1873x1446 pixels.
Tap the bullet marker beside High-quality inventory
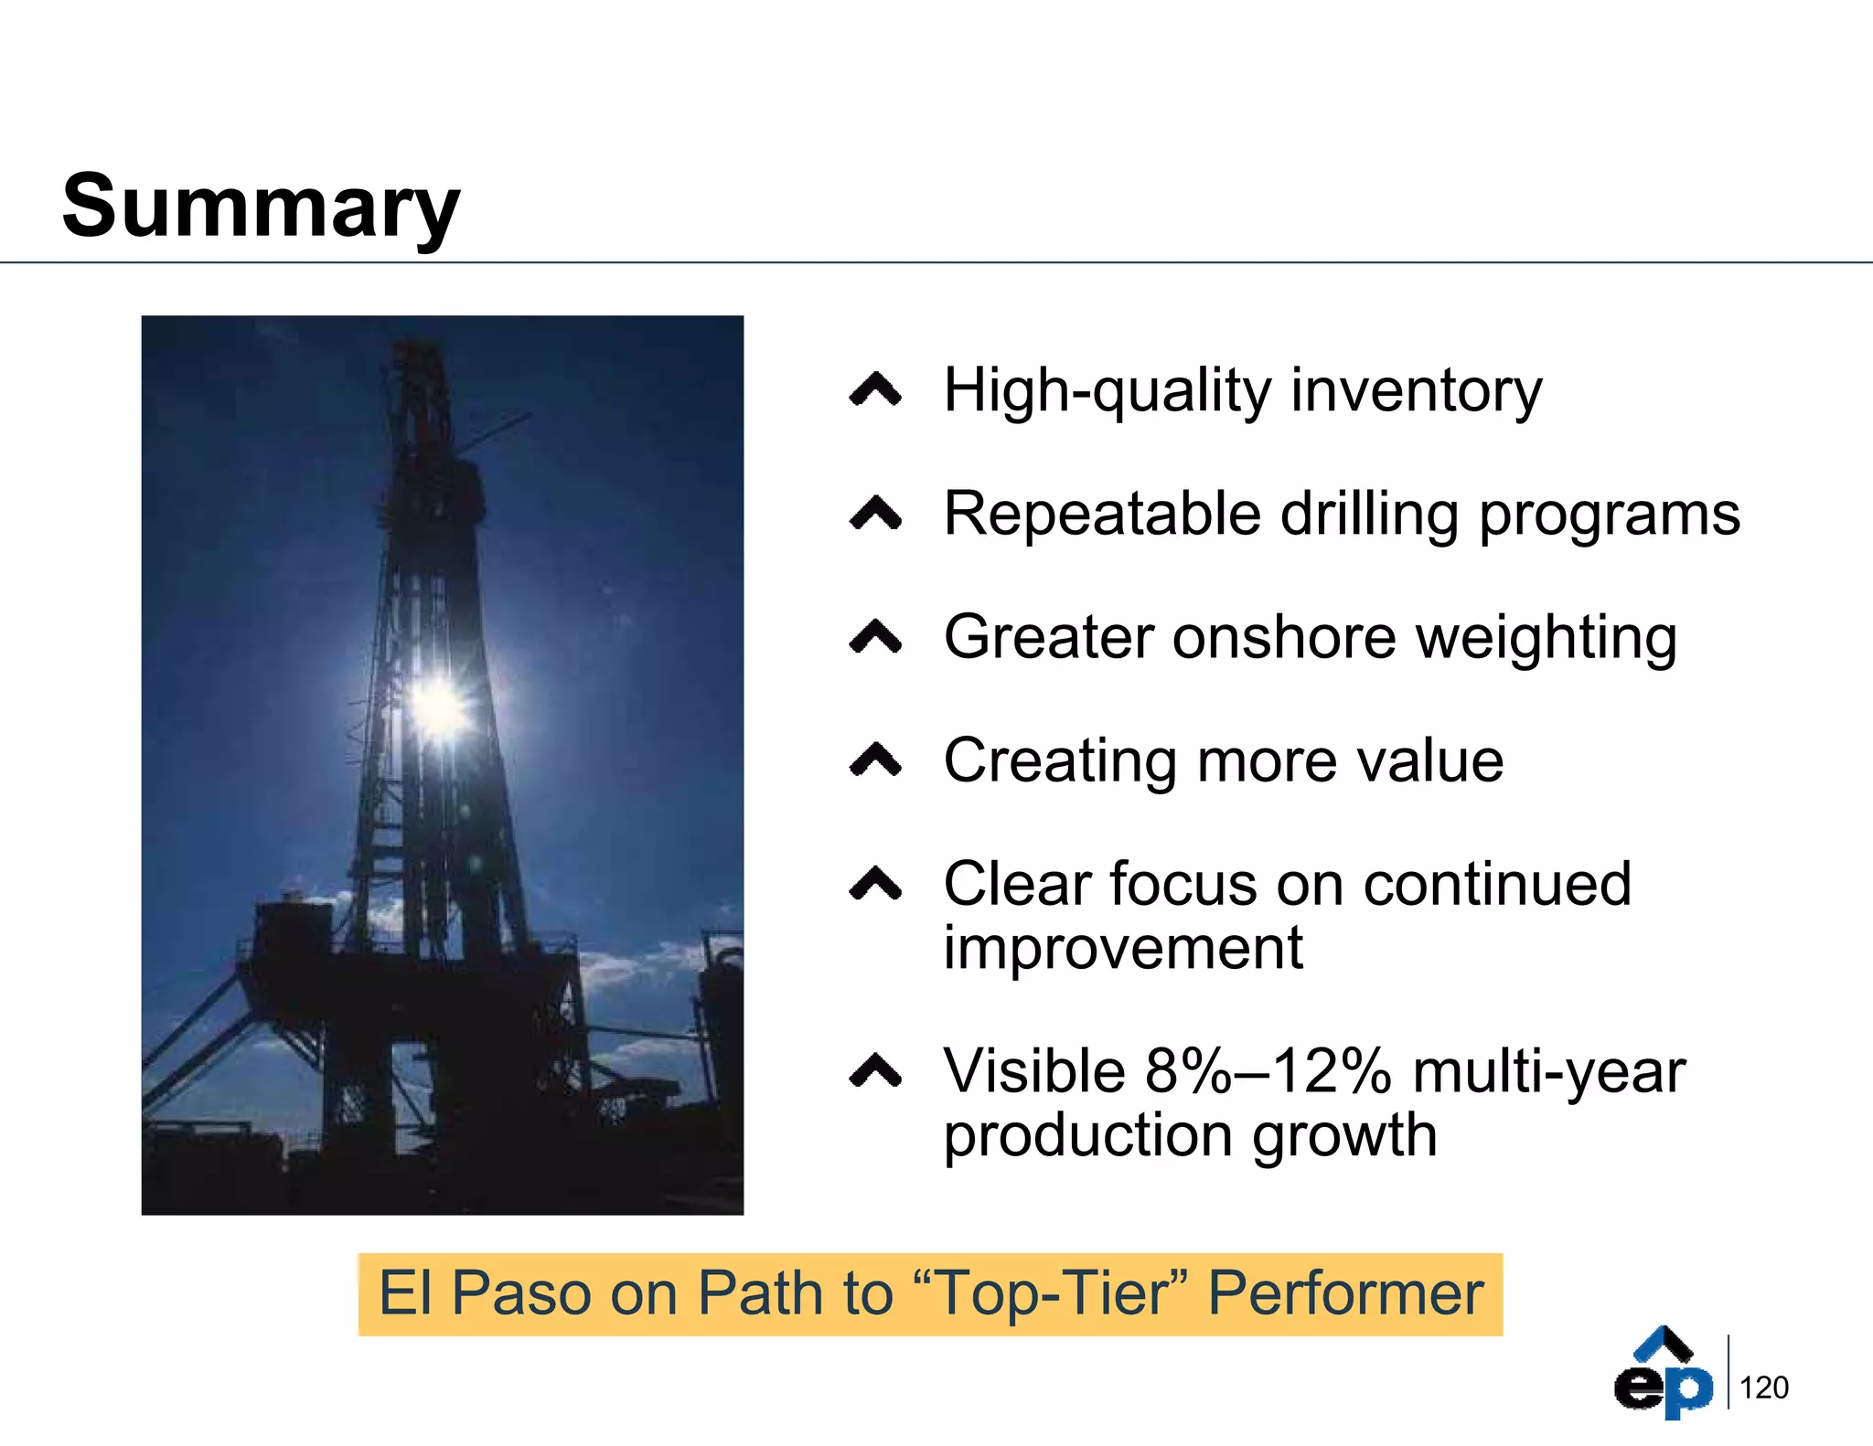875,390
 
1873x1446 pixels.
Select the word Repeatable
1102,514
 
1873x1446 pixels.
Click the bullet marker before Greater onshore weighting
875,637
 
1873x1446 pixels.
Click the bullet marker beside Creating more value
875,760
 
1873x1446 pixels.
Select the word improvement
1123,949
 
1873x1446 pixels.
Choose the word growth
1344,1136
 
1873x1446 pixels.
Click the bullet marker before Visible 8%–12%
875,1071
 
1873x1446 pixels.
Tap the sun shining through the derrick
439,707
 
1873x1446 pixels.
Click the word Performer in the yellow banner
1344,1293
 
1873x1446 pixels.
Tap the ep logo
1663,1374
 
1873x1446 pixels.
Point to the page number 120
1763,1388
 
